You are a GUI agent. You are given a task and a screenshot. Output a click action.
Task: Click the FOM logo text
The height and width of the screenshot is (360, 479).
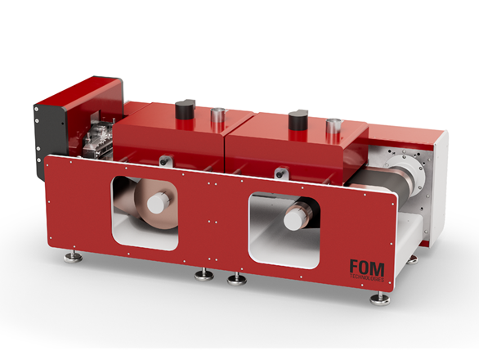point(367,268)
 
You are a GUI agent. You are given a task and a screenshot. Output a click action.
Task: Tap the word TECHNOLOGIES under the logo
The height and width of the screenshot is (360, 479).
point(367,280)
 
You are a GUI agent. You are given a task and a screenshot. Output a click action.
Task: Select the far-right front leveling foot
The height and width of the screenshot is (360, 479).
point(380,299)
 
